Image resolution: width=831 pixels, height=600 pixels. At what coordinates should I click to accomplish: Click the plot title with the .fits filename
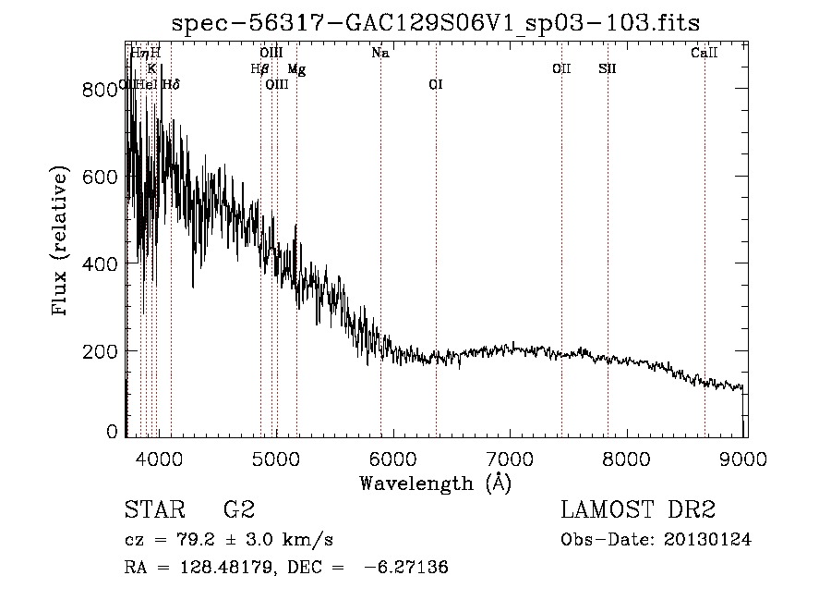pos(437,22)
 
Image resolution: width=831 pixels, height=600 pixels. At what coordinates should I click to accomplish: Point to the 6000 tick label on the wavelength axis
pos(393,458)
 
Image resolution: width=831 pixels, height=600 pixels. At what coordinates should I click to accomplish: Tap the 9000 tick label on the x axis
pos(745,458)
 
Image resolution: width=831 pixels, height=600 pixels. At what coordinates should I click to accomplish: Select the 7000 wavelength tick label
pos(511,458)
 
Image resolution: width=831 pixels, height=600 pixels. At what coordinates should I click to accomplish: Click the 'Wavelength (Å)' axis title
pos(435,483)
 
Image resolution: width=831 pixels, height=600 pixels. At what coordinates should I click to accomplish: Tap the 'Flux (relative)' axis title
pos(62,241)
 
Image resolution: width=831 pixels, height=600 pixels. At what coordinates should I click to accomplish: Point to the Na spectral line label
pos(379,54)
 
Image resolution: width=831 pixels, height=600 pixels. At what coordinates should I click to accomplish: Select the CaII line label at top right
pos(704,54)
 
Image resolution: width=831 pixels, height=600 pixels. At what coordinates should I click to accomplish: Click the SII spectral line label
pos(607,69)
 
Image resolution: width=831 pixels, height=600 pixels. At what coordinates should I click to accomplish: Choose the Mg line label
pos(295,69)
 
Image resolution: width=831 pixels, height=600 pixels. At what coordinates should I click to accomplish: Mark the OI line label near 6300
pos(436,85)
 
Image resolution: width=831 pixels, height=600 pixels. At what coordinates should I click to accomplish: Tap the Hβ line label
pos(259,69)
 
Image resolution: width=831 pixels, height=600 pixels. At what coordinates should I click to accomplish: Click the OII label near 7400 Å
pos(561,69)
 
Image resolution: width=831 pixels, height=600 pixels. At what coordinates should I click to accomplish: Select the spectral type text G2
pos(238,510)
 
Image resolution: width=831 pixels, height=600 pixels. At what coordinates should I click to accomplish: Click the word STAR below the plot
pos(154,510)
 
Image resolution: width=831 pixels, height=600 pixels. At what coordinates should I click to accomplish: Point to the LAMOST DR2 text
pos(638,510)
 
